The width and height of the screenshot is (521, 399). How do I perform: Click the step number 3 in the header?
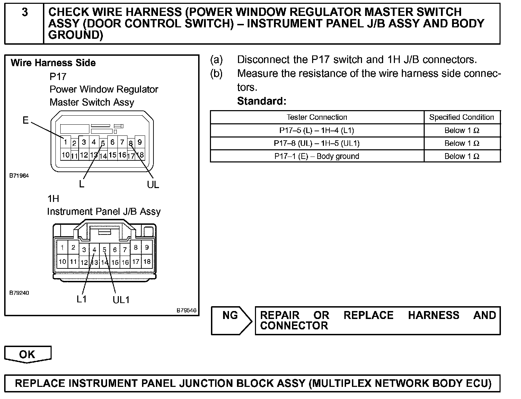25,12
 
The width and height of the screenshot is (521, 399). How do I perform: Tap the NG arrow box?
231,320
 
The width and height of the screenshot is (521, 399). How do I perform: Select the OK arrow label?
27,354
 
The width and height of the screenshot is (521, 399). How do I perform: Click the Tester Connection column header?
317,117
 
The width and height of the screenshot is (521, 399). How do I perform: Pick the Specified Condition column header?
461,117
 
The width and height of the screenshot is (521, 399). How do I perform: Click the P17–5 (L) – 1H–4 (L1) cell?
317,131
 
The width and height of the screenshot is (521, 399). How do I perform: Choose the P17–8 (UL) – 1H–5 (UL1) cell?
317,143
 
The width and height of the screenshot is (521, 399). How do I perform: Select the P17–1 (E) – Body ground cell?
317,156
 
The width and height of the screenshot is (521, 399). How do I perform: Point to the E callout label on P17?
26,121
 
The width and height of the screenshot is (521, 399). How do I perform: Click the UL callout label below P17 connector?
153,185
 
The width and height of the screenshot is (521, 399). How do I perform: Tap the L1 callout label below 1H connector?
82,299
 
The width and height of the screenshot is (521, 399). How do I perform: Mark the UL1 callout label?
121,300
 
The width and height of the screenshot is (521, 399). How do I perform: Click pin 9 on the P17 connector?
140,142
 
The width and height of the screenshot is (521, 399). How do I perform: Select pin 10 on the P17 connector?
65,155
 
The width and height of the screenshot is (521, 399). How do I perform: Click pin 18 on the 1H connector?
147,261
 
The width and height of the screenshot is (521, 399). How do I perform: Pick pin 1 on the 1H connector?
62,247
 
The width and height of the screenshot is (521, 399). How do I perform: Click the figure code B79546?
186,310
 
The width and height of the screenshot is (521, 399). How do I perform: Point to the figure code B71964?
19,176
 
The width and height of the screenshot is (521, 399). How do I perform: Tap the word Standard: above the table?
262,101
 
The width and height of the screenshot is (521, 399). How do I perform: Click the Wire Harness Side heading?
53,63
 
